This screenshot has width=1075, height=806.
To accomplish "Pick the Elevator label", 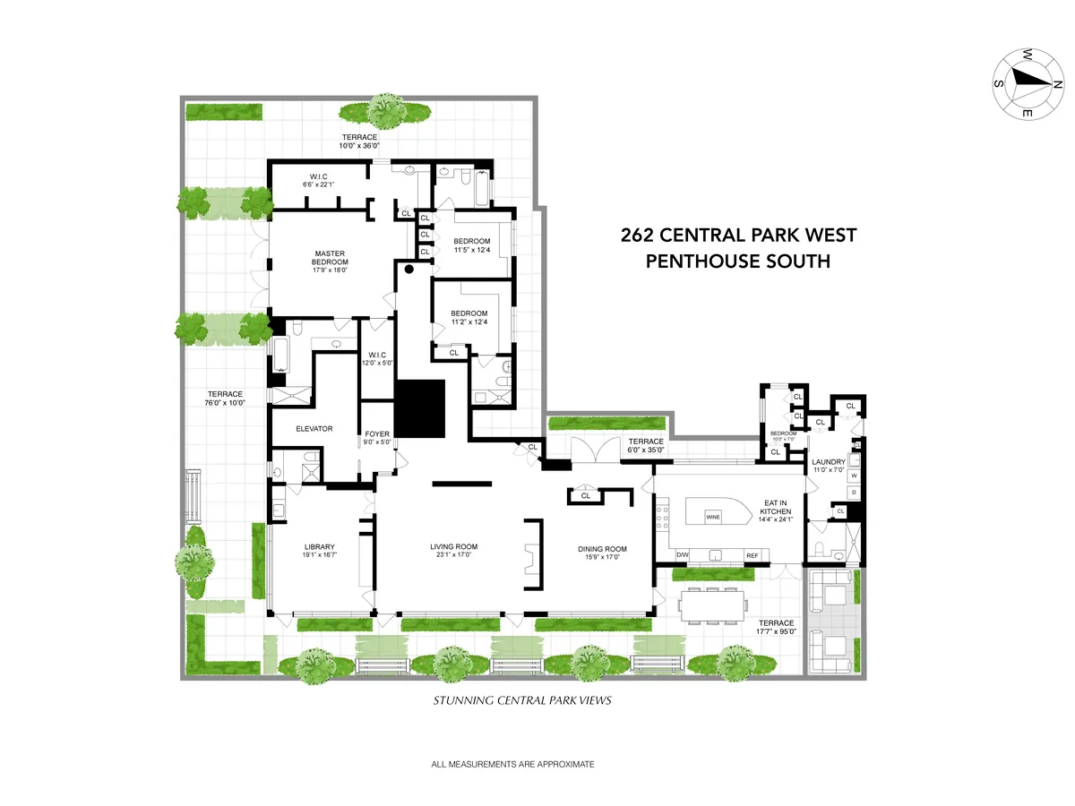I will click(314, 429).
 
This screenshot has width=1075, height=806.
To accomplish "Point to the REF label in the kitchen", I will click(752, 556).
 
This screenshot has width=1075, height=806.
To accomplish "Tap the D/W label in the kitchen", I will click(683, 556).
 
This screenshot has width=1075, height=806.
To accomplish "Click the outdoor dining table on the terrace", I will click(713, 608).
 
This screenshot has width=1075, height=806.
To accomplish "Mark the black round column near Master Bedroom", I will click(409, 268).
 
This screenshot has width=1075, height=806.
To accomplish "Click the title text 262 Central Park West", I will click(738, 236).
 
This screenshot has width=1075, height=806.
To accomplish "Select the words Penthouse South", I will click(738, 262).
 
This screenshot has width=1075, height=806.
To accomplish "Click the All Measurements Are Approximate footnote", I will click(512, 765).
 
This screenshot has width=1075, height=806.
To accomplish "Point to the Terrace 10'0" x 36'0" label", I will click(358, 141).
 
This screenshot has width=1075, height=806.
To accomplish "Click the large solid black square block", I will click(420, 408).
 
